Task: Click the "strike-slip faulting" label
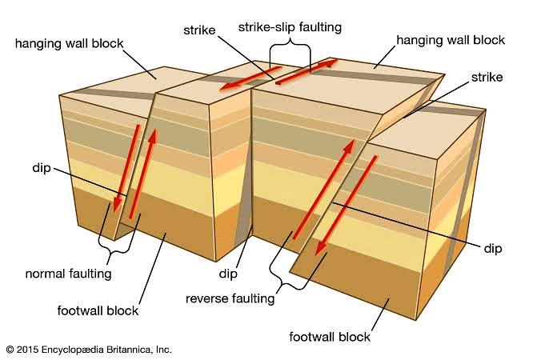pos(290,27)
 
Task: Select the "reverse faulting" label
pos(230,299)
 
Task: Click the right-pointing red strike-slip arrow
pos(306,70)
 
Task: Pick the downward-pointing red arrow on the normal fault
pos(127,168)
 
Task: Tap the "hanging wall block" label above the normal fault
pos(70,42)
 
